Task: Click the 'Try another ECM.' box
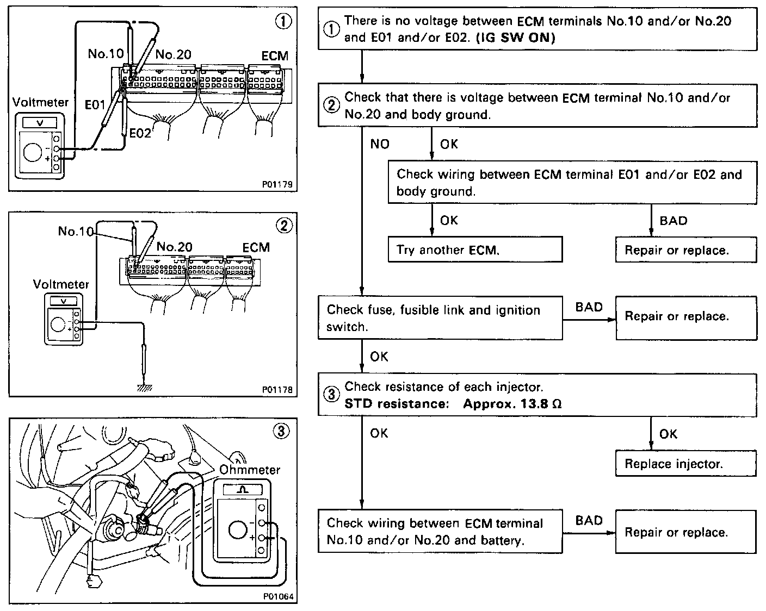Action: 474,250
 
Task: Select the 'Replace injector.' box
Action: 685,464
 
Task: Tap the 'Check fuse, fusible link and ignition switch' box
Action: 440,317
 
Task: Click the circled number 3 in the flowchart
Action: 331,395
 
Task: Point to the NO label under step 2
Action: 380,144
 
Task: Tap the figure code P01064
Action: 278,596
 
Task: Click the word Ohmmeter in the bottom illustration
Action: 250,469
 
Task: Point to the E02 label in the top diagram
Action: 140,132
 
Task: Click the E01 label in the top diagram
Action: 95,104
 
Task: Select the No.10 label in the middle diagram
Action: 76,231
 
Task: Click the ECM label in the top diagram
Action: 275,56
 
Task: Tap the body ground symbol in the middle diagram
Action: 144,388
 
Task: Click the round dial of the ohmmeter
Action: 238,531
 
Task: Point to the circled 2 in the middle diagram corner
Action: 284,226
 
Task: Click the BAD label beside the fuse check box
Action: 589,307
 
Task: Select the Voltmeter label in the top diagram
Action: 40,102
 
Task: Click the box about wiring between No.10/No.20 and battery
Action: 440,532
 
